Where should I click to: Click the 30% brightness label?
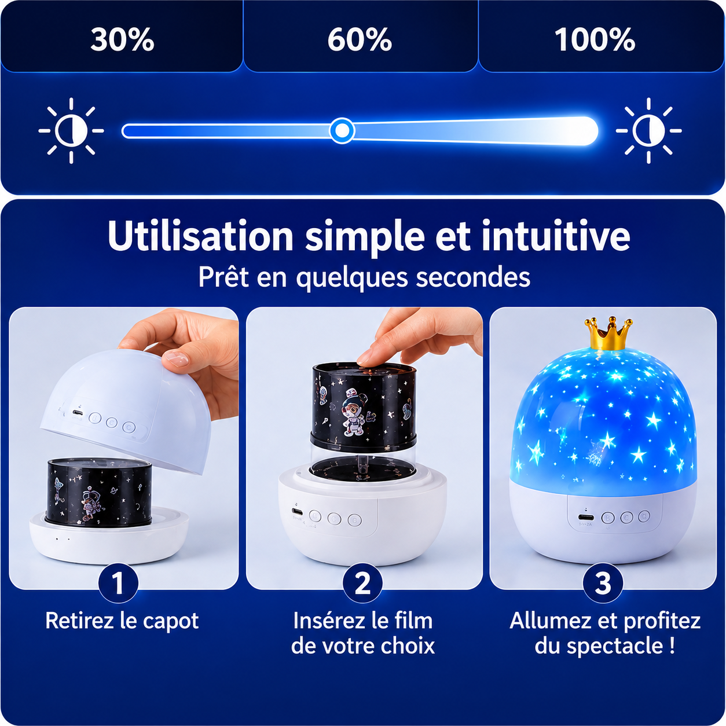coord(122,40)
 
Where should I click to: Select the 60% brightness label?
coord(360,40)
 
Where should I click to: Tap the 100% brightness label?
coord(595,40)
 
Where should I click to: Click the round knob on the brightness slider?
coord(342,131)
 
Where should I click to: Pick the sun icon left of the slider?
coord(71,131)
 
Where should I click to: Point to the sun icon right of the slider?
coord(649,131)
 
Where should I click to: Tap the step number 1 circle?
coord(118,583)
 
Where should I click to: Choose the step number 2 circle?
coord(362,583)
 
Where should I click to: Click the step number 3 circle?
coord(603,583)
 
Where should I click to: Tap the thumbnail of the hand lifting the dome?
coord(123,448)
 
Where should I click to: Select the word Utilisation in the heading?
coord(200,237)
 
